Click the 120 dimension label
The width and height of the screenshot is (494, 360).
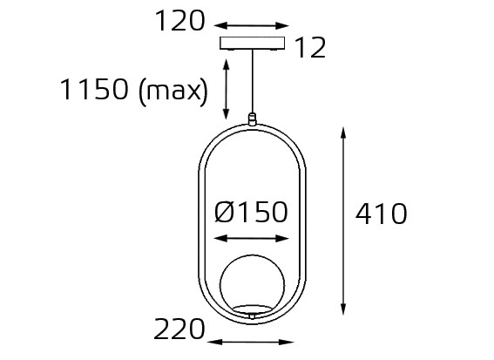pos(179,21)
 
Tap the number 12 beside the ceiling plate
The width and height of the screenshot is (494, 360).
pos(309,49)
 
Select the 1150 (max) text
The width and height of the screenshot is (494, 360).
pos(133,90)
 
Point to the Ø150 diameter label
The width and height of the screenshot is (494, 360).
pos(251,212)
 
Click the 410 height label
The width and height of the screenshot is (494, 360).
pos(381,214)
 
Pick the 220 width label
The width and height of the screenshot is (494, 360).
pos(179,329)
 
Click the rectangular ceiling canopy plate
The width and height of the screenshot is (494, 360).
pos(253,44)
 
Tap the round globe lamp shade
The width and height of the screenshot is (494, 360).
pos(252,284)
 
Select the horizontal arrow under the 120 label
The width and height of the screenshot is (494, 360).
pos(252,26)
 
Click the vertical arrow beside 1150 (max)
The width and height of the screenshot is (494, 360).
pos(227,90)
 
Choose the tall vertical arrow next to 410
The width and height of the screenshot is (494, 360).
pos(344,221)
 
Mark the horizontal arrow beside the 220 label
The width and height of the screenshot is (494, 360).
pos(252,341)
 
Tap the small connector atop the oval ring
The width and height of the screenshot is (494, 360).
pos(253,119)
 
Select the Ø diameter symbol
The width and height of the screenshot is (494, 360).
pos(224,212)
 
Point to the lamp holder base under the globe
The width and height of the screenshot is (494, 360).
pos(252,310)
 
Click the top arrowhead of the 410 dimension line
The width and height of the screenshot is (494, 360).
pos(344,133)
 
